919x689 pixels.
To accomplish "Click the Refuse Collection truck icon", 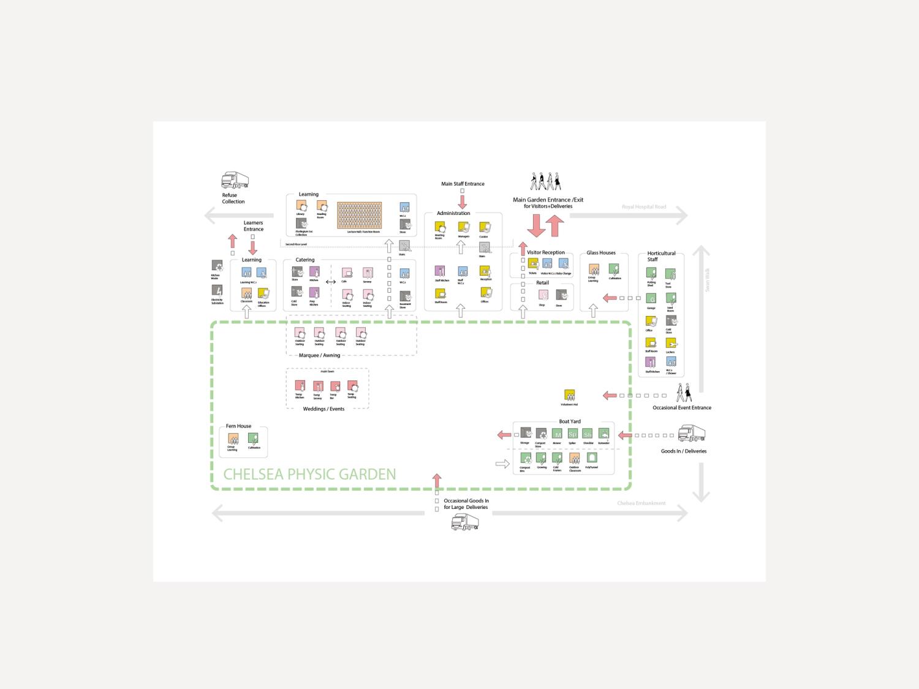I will tap(235, 181).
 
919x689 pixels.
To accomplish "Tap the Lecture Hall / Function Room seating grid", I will tap(359, 216).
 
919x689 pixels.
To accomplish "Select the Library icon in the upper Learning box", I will tap(301, 206).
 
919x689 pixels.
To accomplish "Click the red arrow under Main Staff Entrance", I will tap(463, 201).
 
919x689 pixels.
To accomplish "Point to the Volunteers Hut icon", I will tap(569, 396).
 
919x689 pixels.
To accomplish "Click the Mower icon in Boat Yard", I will tap(557, 434).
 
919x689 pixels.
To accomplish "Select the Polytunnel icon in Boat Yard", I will tap(591, 458).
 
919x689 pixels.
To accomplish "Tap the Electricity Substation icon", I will tap(217, 291).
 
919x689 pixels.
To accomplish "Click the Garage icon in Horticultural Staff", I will tap(651, 299).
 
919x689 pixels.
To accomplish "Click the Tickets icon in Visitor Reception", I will tap(533, 264).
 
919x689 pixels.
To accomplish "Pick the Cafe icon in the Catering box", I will tap(347, 273).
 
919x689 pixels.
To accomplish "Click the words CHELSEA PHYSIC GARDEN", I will tap(309, 474).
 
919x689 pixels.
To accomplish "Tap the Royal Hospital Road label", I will tap(643, 207).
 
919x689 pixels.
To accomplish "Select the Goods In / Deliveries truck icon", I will tap(691, 434).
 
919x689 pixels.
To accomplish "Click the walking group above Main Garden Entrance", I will tap(545, 182).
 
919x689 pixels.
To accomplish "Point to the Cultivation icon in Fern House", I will tap(253, 439).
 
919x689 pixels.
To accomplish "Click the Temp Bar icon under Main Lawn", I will tap(335, 386).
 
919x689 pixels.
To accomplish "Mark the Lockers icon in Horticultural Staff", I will tap(671, 343).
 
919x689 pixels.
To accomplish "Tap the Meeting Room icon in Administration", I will tap(440, 227).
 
